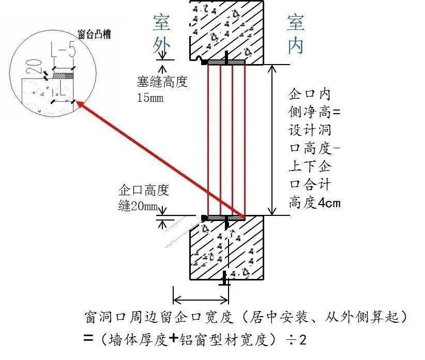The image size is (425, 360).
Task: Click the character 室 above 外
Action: tap(162, 23)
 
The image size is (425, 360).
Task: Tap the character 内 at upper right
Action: tap(296, 46)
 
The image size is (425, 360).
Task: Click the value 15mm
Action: tap(150, 97)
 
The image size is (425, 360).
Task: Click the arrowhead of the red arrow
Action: tap(79, 104)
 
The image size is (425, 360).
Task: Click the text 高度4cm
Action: tap(315, 202)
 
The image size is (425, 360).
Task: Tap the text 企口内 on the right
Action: tap(309, 94)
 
